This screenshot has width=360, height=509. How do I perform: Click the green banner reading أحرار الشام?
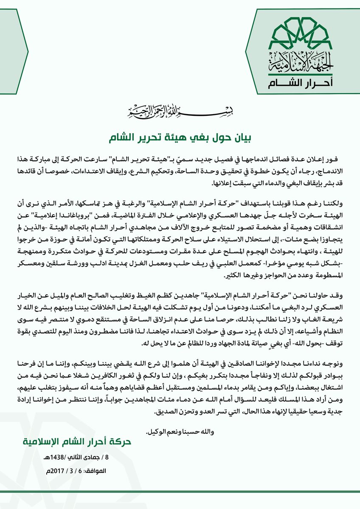pyautogui.click(x=299, y=82)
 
